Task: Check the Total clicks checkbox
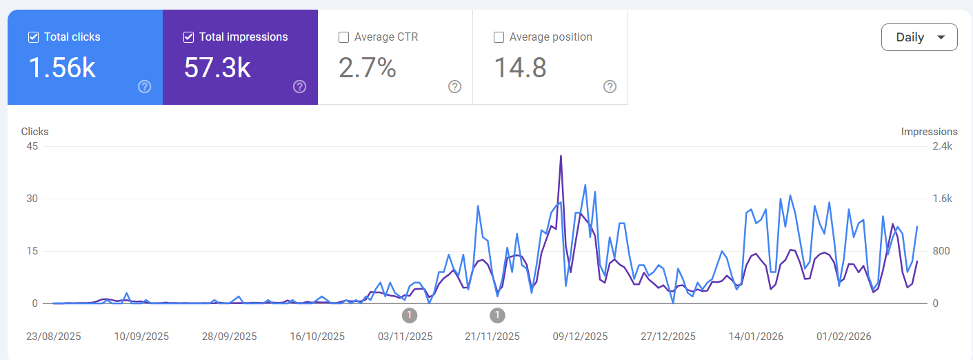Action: click(x=33, y=37)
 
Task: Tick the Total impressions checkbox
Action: click(x=188, y=37)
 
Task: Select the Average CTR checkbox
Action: click(x=343, y=37)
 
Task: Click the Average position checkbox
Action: click(x=499, y=37)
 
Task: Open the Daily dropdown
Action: click(x=919, y=37)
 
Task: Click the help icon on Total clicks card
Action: click(x=145, y=86)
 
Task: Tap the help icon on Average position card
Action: click(x=610, y=86)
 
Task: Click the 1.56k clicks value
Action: click(x=62, y=68)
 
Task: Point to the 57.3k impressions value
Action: click(x=217, y=68)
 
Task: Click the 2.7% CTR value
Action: click(x=368, y=68)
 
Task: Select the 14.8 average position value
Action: click(x=521, y=68)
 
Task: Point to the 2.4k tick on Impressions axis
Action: click(x=941, y=146)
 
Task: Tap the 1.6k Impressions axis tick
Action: click(x=941, y=199)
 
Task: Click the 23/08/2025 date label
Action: click(x=54, y=337)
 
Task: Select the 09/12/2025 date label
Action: click(x=581, y=337)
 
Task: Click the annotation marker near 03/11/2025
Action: click(x=410, y=315)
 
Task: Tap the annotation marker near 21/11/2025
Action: click(x=497, y=315)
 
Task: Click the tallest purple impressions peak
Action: click(x=561, y=156)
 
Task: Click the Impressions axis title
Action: click(x=929, y=132)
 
